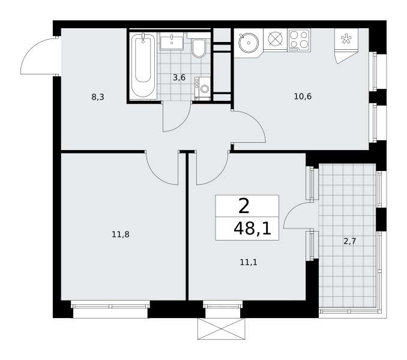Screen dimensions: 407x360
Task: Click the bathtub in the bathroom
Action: click(143, 65)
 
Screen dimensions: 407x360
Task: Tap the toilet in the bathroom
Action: click(199, 48)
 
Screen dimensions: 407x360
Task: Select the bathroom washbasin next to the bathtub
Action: click(172, 41)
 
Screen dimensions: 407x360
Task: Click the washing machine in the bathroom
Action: click(202, 89)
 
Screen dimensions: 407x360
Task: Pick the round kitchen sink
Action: click(249, 43)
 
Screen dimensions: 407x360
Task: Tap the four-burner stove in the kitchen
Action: click(299, 40)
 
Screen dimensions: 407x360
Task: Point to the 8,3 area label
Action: click(98, 97)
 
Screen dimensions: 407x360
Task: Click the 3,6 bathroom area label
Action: click(179, 77)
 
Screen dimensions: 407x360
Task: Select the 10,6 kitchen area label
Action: click(303, 97)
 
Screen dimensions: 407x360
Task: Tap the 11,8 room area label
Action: click(121, 235)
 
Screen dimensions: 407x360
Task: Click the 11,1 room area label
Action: click(249, 262)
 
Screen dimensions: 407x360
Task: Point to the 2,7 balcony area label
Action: click(349, 241)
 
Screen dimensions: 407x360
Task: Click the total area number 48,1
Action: click(252, 229)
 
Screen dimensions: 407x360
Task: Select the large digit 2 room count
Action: click(244, 206)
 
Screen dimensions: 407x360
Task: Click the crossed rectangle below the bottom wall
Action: click(221, 329)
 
